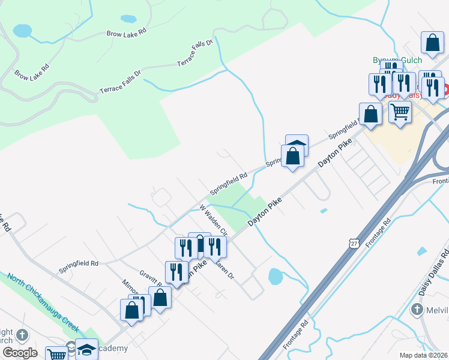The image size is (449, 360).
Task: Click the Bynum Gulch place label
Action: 397,60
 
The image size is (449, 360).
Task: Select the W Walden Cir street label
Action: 214,220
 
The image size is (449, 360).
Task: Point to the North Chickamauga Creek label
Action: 43,302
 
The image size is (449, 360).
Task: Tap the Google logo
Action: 20,353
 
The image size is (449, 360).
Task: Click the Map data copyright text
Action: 424,355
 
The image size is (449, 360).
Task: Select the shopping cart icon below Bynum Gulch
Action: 400,110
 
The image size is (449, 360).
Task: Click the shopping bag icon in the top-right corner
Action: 432,43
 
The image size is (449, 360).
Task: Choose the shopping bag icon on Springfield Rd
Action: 292,155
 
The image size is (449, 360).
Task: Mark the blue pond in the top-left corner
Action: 22,30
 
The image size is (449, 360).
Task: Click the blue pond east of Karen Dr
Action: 275,277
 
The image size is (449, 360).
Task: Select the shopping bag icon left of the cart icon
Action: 371,113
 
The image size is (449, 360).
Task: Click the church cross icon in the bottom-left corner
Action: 22,335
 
